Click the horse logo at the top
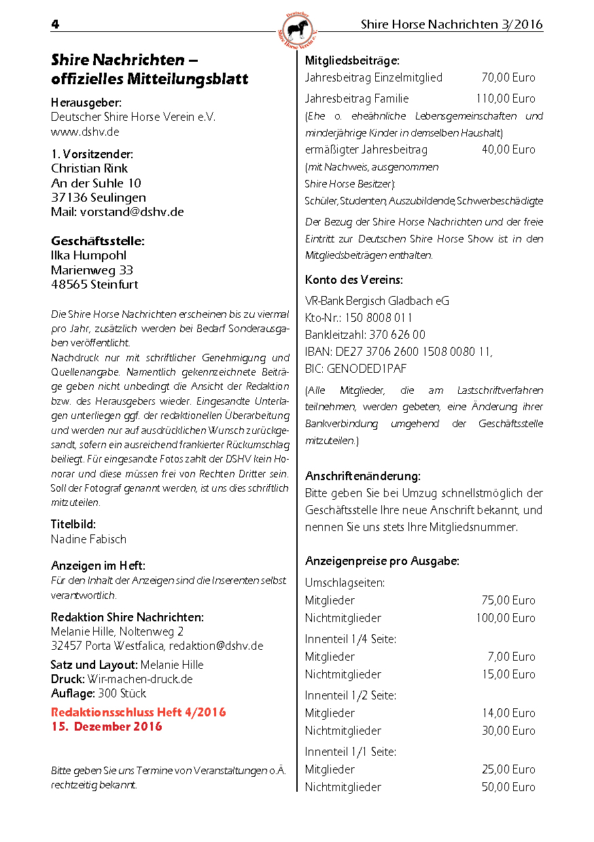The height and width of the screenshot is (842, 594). (x=297, y=29)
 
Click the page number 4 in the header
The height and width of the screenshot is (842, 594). (x=55, y=24)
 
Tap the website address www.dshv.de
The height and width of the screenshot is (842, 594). (x=85, y=132)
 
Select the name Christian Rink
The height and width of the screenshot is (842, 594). (x=89, y=168)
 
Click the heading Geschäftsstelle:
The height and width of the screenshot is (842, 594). (x=98, y=241)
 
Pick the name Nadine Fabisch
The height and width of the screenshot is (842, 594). (x=88, y=539)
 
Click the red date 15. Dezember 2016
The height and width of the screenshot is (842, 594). (x=107, y=727)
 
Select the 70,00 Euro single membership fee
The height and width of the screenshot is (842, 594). (x=508, y=77)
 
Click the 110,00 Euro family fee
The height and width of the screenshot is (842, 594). (x=505, y=98)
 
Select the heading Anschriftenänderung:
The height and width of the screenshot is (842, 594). (x=363, y=475)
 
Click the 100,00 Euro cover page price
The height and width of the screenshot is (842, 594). (x=505, y=618)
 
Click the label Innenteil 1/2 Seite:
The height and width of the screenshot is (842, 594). (x=351, y=695)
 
